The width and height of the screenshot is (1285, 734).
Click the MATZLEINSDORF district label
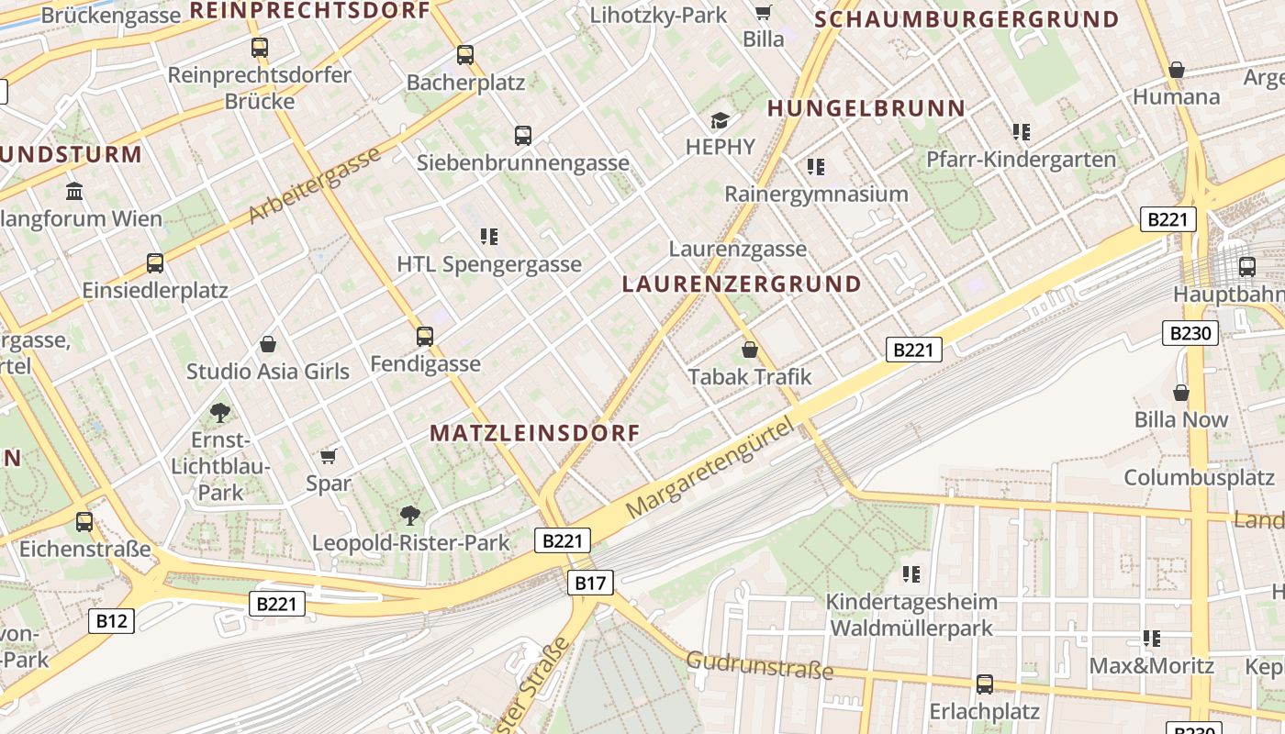pos(534,433)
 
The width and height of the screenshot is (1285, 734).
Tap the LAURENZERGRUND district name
pos(742,284)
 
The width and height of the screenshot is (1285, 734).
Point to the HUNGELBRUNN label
pos(866,108)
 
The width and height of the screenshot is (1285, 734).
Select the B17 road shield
pos(590,582)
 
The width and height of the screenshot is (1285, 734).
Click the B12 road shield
pos(112,621)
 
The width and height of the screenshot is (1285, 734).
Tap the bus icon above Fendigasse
pos(424,337)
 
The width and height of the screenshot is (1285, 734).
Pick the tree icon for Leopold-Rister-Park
pos(409,515)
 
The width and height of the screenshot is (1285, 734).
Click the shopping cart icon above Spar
pos(328,456)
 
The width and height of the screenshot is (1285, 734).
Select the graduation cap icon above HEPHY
pos(720,120)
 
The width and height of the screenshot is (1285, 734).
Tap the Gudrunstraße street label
pos(760,665)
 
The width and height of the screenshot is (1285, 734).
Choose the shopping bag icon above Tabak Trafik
pos(749,350)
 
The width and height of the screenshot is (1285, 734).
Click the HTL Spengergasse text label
pos(489,264)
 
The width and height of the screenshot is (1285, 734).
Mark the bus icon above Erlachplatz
pos(984,684)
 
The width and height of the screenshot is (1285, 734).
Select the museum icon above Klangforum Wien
pos(74,192)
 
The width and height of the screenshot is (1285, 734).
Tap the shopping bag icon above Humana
pos(1176,70)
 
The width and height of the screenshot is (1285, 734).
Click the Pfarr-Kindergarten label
pos(1021,159)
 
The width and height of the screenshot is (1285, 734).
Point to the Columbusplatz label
pos(1199,477)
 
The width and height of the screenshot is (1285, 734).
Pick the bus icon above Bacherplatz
pos(465,55)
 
